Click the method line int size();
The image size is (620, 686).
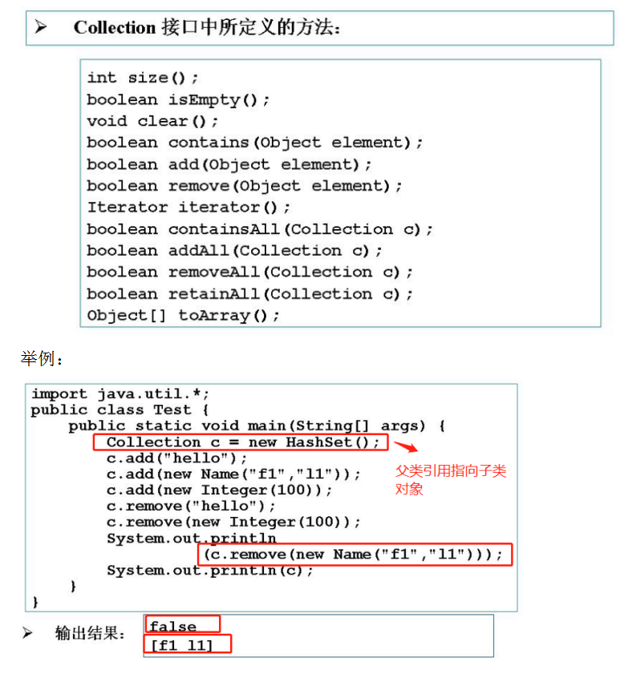click(143, 78)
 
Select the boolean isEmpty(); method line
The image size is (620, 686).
click(178, 99)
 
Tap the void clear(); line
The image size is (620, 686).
click(152, 121)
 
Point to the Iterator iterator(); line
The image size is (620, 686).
click(188, 208)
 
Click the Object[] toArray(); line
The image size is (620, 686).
click(183, 315)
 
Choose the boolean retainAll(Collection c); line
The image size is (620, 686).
click(249, 293)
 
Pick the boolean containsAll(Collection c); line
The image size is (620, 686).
click(260, 229)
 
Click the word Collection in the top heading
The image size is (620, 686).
click(114, 27)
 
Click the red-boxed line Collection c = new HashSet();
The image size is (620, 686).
click(241, 442)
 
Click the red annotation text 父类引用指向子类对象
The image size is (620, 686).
click(450, 479)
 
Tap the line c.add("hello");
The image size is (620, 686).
click(177, 458)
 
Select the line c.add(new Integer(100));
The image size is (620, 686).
click(219, 490)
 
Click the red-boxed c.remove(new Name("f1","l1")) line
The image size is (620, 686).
click(354, 554)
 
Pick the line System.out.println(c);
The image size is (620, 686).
click(210, 571)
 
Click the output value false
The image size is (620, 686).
click(172, 625)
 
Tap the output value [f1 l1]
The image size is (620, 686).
click(183, 644)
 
